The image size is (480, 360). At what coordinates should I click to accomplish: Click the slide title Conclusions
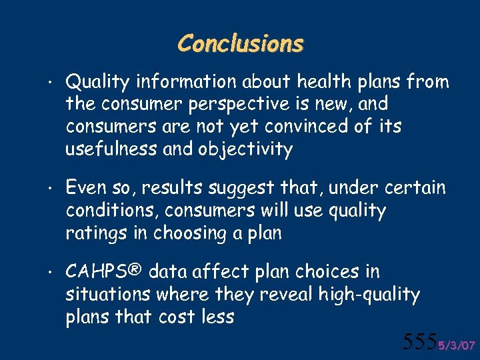240,44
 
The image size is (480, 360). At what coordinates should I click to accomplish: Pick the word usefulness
111,149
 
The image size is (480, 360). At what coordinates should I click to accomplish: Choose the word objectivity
245,149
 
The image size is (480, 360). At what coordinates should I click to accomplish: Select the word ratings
93,233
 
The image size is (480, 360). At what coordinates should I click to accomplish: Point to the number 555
419,342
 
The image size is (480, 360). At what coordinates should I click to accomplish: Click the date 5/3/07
456,345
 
